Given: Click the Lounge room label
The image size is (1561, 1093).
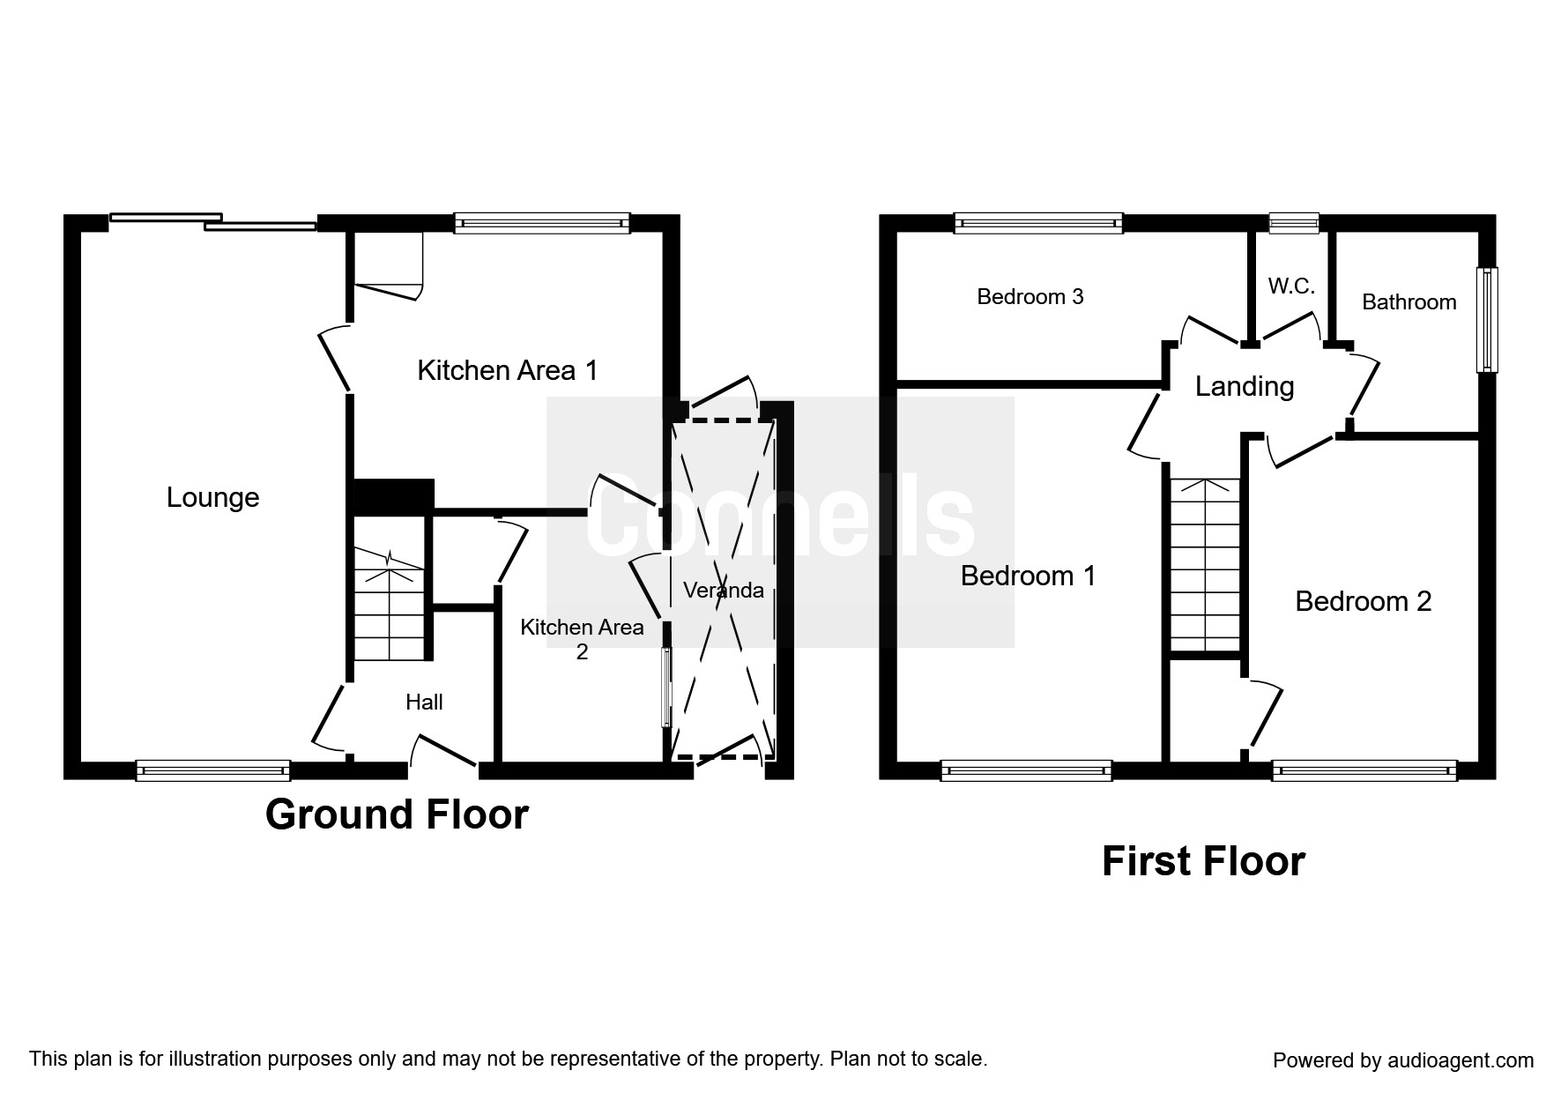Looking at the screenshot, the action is (x=212, y=498).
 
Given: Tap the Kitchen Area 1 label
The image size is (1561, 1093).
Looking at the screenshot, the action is (x=507, y=370).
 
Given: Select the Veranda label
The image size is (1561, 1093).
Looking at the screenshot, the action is (x=724, y=591).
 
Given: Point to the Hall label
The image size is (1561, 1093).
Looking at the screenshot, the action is (x=424, y=703).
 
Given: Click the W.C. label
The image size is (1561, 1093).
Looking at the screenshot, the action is (x=1291, y=286).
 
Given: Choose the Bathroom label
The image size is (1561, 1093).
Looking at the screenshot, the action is (x=1409, y=302).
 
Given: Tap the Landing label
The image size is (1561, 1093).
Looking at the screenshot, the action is (x=1244, y=387).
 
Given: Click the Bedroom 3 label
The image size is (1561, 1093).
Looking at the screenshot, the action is (x=1030, y=297).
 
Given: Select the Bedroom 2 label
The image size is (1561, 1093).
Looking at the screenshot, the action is (x=1363, y=602).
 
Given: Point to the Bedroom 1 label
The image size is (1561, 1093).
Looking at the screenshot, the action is (x=1028, y=576).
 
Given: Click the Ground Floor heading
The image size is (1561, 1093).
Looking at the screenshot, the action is (x=397, y=814).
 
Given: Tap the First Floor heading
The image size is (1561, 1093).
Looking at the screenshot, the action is (x=1203, y=861).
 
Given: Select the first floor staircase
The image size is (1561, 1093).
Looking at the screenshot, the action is (x=1205, y=564).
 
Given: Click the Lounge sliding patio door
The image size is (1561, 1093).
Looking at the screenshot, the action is (x=212, y=221).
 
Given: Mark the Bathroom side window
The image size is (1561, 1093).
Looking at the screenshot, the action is (x=1487, y=319).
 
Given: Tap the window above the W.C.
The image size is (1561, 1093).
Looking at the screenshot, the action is (x=1294, y=223).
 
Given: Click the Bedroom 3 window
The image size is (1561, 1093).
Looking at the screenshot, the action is (x=1038, y=223).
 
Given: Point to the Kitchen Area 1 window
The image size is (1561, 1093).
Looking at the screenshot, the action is (x=542, y=223).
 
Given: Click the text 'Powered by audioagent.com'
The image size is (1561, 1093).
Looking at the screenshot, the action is (x=1403, y=1060).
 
